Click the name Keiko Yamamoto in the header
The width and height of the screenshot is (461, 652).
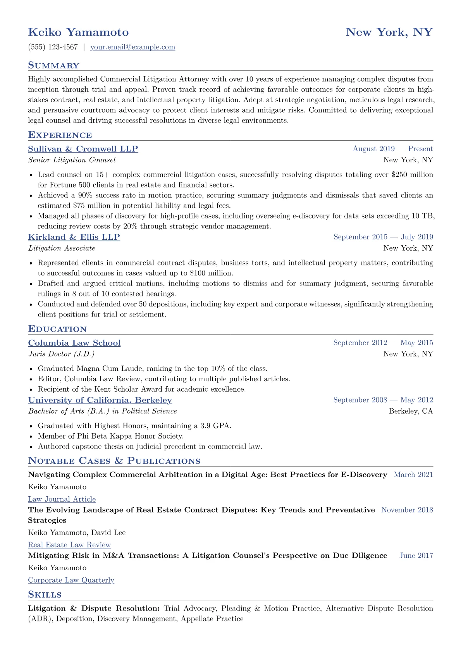click(78, 32)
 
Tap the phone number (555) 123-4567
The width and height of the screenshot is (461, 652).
click(53, 47)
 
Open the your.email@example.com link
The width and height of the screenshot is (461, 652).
click(132, 47)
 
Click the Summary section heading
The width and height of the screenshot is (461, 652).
click(53, 65)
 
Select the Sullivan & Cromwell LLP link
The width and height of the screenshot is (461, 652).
click(83, 149)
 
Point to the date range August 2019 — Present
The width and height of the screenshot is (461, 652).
click(392, 149)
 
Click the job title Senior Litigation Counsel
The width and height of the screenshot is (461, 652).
click(72, 160)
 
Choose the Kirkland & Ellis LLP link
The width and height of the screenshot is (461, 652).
click(74, 237)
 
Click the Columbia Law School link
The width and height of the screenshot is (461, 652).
click(74, 343)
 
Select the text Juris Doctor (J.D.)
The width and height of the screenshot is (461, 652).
click(61, 354)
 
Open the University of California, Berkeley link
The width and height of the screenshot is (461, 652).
click(100, 400)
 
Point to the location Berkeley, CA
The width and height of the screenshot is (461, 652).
click(411, 411)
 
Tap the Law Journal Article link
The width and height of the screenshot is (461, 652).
click(62, 499)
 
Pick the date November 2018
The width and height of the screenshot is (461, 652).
click(407, 510)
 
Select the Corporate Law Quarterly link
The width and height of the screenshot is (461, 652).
click(71, 580)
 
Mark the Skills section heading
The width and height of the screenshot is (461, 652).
click(45, 595)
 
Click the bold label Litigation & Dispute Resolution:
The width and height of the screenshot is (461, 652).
click(94, 609)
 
